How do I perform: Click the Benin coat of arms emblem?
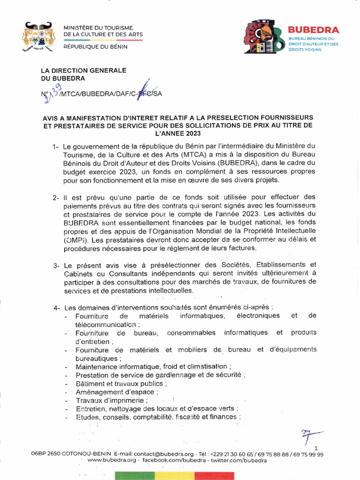tap(37, 37)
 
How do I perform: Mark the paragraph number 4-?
tap(57, 308)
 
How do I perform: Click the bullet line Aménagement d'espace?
tap(117, 392)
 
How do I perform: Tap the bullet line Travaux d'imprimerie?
tap(112, 400)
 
